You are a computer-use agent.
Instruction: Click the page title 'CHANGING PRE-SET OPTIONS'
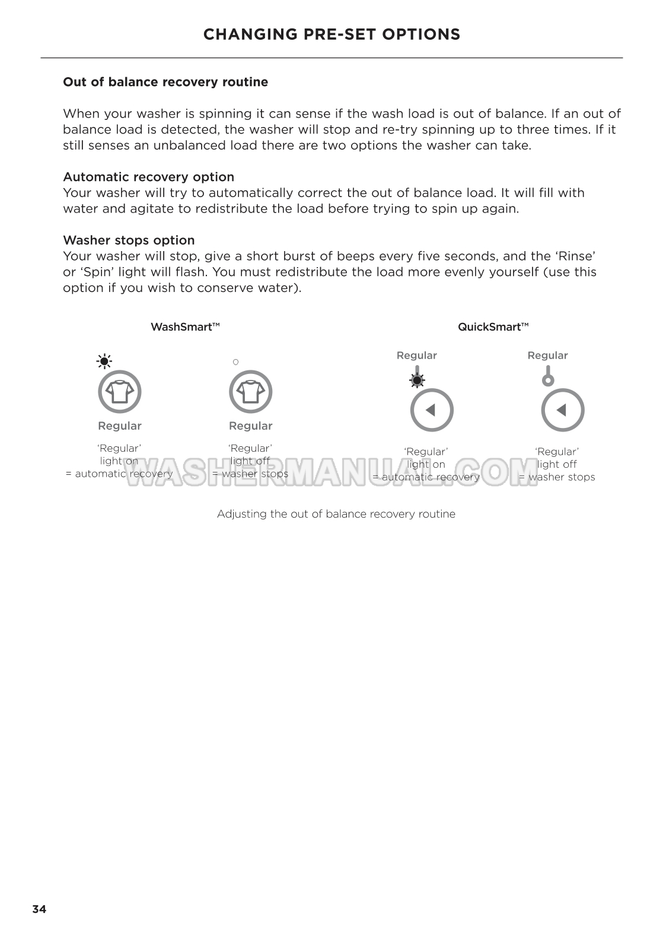point(332,34)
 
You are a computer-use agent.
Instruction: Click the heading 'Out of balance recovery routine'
point(165,82)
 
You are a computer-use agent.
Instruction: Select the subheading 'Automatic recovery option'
point(148,177)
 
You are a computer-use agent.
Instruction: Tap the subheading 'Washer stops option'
point(129,240)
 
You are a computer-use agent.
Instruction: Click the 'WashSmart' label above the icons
point(185,327)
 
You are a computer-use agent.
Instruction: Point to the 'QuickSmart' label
point(493,327)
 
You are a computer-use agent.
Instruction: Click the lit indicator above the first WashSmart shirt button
point(104,361)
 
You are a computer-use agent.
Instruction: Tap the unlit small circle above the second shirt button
point(235,361)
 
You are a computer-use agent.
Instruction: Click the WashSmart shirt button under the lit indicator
point(119,392)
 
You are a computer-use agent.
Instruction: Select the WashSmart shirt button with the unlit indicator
point(250,392)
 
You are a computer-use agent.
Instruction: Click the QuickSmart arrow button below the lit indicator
point(432,410)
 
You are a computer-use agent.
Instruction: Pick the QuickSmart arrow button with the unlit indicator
point(563,410)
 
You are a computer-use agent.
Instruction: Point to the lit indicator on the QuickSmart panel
point(417,380)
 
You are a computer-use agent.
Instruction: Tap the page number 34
point(39,909)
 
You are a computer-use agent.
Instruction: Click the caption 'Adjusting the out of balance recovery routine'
point(336,514)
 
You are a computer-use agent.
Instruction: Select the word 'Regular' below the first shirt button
point(120,426)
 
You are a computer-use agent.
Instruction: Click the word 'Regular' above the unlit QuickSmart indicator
point(547,356)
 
